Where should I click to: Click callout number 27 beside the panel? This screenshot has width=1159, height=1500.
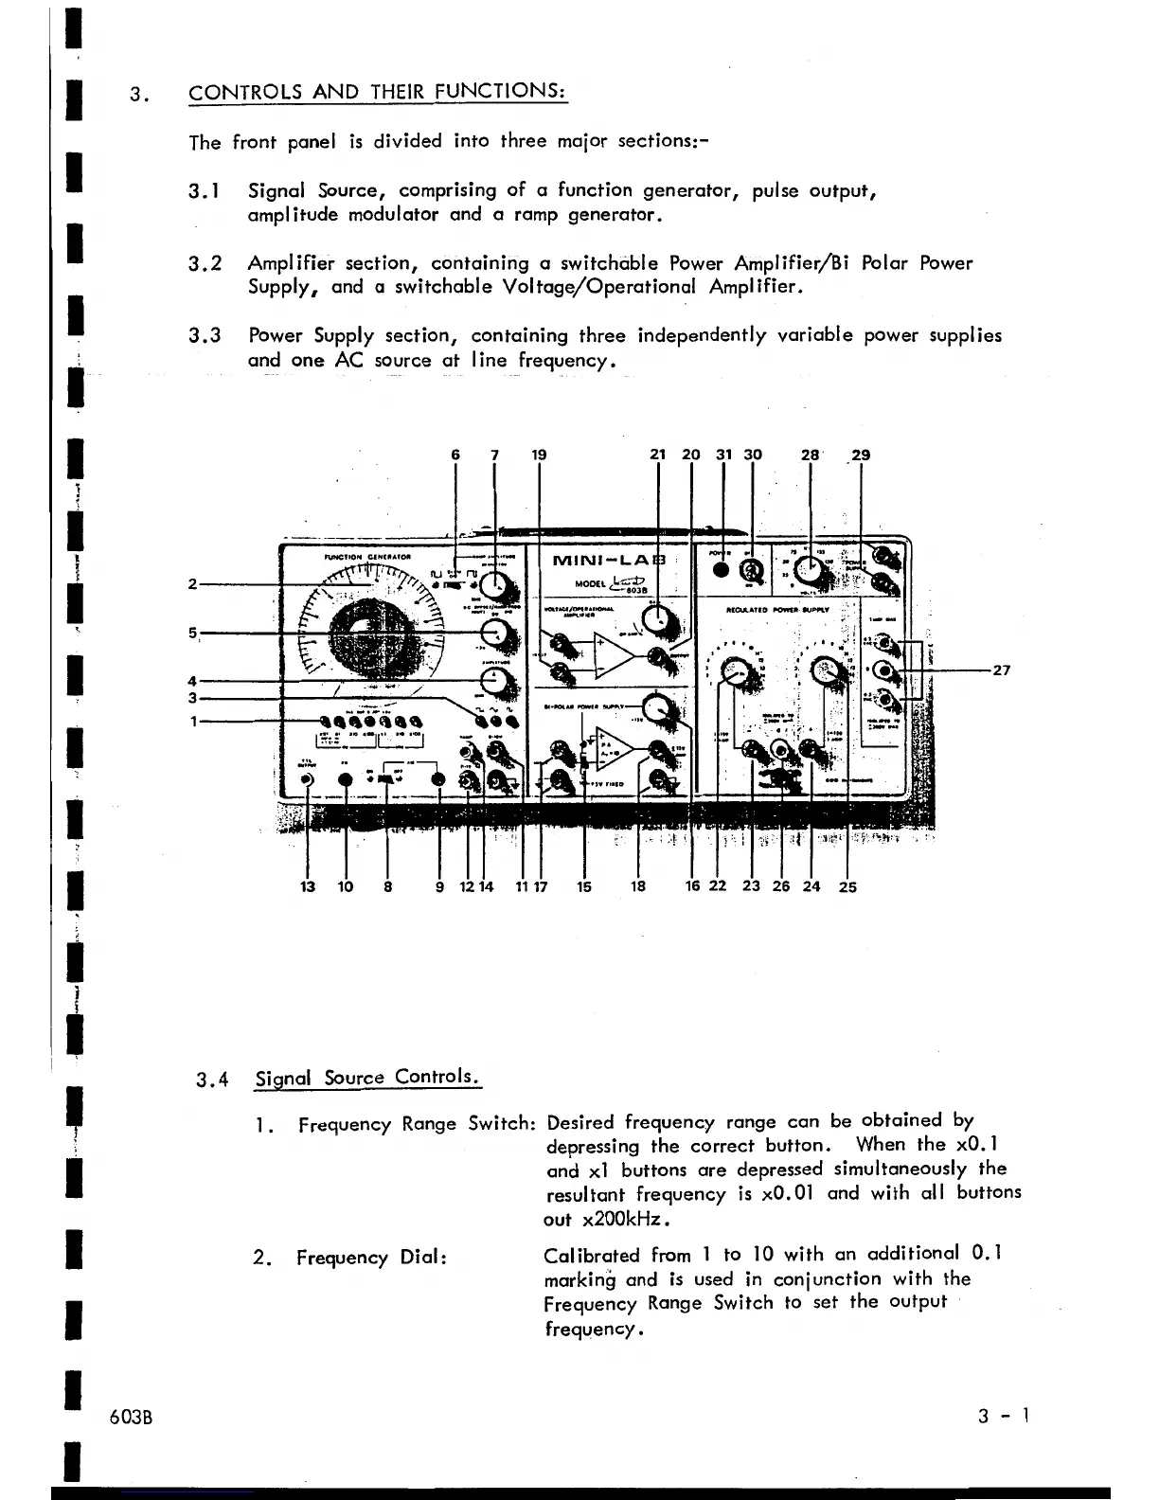pos(1000,670)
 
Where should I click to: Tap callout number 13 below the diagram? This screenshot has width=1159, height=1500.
pos(308,886)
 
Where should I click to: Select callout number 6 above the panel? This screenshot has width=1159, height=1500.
pos(455,455)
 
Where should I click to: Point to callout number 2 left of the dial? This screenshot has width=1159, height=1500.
pos(193,583)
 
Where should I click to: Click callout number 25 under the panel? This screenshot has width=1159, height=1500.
pos(847,887)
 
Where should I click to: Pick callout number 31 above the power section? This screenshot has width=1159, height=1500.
pos(723,455)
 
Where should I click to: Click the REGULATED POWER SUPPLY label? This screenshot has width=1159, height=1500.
pos(777,611)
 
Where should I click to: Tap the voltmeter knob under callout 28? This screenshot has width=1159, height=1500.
pos(809,570)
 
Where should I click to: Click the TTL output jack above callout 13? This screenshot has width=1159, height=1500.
pos(308,779)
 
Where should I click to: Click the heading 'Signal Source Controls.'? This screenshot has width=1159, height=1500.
pos(368,1078)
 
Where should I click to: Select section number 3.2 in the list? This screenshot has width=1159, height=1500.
pos(205,263)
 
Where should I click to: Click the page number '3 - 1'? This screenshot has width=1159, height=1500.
pos(1005,1417)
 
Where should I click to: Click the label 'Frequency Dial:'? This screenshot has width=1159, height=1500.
pos(371,1258)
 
